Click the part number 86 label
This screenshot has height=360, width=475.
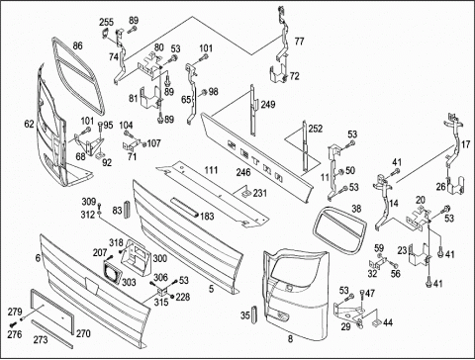point(77,45)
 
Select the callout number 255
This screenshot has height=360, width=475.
point(106,22)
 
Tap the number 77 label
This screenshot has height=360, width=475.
point(299,42)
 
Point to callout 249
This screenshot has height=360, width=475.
point(268,105)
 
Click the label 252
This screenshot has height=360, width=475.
point(316,129)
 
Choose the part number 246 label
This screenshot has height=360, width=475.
point(243,172)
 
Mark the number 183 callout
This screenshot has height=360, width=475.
point(207,217)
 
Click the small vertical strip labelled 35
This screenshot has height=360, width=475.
point(254,315)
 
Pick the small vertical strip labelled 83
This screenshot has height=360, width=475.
point(128,209)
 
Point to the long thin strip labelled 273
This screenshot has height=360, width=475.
point(51,333)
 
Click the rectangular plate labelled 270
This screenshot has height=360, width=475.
point(51,312)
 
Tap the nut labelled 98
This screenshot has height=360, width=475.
point(204,92)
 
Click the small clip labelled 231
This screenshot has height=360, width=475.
point(246,192)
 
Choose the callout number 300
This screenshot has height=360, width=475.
point(160,258)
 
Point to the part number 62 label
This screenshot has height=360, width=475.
point(30,124)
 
